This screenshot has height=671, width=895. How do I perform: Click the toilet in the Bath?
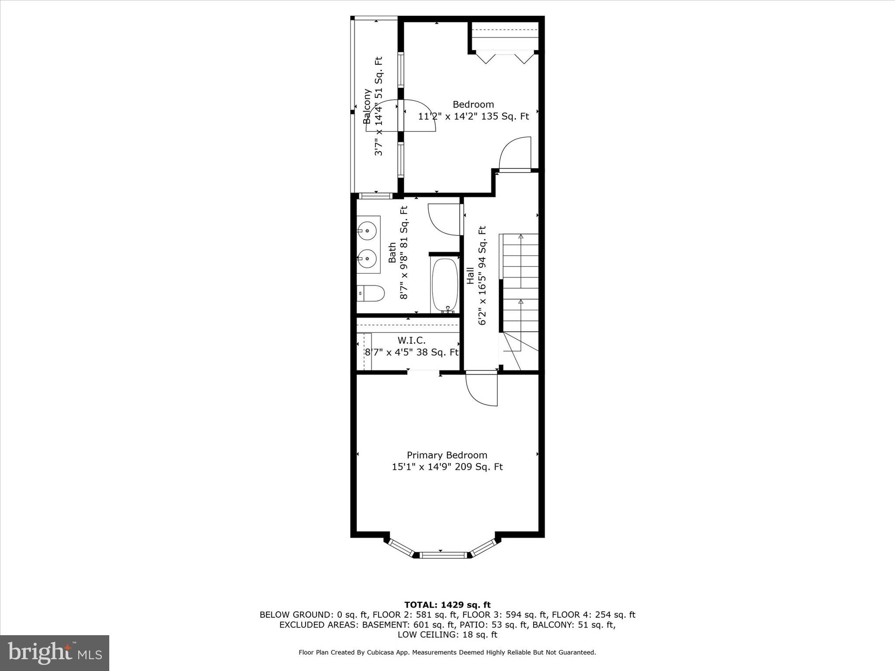(x=371, y=294)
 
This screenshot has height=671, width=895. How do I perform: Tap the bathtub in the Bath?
(x=445, y=285)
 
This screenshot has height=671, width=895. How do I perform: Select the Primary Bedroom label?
(x=447, y=455)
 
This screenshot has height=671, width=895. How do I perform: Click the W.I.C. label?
(x=411, y=340)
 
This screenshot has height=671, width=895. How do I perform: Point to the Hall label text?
(x=470, y=276)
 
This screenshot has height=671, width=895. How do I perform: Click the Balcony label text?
(x=367, y=106)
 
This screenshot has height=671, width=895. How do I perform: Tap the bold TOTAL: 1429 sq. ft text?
(x=447, y=605)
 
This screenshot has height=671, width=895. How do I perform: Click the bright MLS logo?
(x=55, y=653)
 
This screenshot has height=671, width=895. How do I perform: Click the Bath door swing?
(x=444, y=220)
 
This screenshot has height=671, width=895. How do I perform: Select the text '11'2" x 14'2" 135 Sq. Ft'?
(x=473, y=117)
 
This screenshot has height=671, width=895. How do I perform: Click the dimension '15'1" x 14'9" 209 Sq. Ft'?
(x=447, y=467)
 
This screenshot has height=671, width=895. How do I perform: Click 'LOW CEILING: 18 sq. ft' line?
(x=447, y=635)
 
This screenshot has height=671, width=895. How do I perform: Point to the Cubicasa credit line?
(x=447, y=653)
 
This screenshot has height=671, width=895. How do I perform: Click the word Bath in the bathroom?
(x=392, y=253)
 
